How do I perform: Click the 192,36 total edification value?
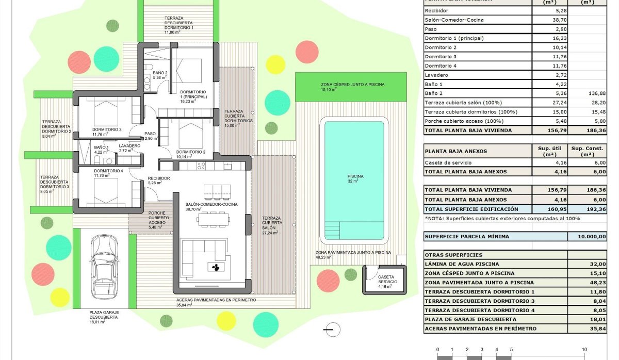tap(600, 209)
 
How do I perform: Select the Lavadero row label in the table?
tap(437, 75)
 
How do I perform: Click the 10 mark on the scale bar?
tap(584, 349)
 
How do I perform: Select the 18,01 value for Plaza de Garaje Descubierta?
tap(600, 319)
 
